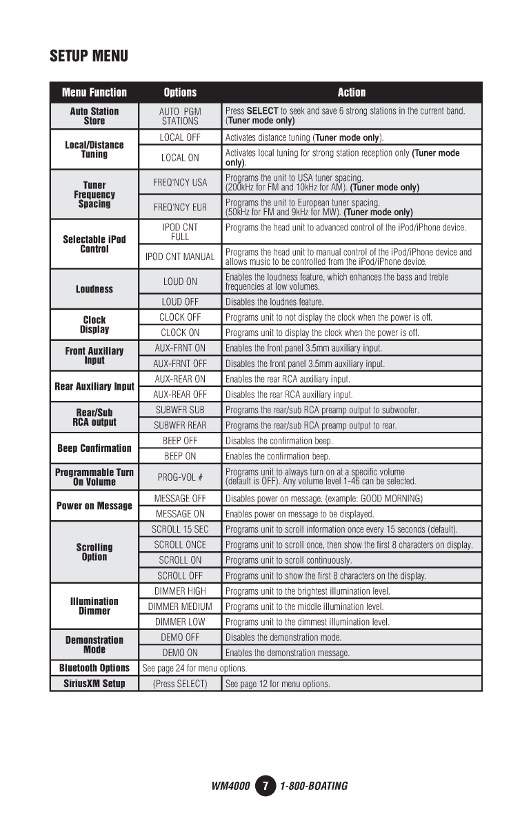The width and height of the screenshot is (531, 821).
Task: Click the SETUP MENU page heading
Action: click(x=89, y=56)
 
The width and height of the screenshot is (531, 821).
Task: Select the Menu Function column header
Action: click(x=94, y=92)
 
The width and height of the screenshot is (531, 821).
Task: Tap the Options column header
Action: click(x=180, y=92)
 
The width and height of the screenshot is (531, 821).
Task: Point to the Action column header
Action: click(x=352, y=92)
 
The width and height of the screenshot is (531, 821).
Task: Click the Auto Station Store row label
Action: click(x=94, y=116)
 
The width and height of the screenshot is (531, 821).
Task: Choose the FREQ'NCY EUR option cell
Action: click(x=180, y=207)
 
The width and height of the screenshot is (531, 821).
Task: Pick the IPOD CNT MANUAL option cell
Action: click(x=180, y=257)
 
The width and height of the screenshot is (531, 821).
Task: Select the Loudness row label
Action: click(x=94, y=289)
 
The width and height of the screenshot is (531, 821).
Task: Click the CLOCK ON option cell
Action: click(x=180, y=333)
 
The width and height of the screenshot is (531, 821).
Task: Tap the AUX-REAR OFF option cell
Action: click(x=180, y=395)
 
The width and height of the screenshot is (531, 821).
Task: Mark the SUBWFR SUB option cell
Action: click(x=180, y=410)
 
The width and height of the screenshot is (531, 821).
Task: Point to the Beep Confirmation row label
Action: click(x=94, y=448)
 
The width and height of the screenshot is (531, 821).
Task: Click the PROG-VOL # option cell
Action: click(x=180, y=477)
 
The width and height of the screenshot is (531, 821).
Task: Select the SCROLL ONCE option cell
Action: click(x=180, y=545)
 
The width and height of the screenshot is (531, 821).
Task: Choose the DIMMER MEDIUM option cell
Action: click(x=180, y=606)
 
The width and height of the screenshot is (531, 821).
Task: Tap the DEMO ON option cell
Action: click(x=180, y=653)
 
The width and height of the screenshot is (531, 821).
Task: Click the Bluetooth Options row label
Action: click(x=94, y=668)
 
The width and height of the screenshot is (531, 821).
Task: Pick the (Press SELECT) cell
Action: click(x=180, y=684)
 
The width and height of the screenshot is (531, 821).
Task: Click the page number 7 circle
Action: click(x=265, y=786)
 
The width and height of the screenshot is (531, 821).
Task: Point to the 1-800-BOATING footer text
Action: click(x=314, y=786)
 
